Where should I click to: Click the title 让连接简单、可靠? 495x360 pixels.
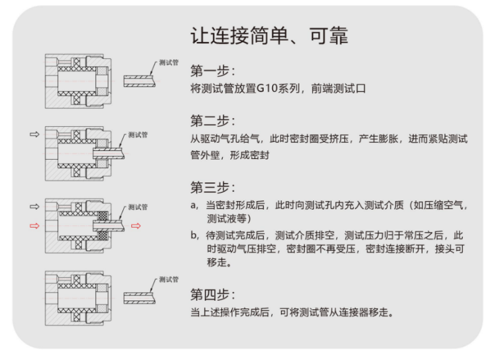269,35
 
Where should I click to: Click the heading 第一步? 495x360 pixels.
212,69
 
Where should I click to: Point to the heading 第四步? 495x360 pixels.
212,294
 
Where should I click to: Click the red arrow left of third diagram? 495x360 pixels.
35,226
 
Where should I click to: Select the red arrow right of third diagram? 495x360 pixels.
136,226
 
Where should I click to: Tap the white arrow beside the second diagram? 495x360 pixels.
35,134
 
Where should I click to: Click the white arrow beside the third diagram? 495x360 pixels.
35,206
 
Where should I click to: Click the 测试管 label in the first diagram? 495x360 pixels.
168,62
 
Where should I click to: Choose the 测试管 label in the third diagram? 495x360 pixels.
137,207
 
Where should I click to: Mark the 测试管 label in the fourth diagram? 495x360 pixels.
168,280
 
